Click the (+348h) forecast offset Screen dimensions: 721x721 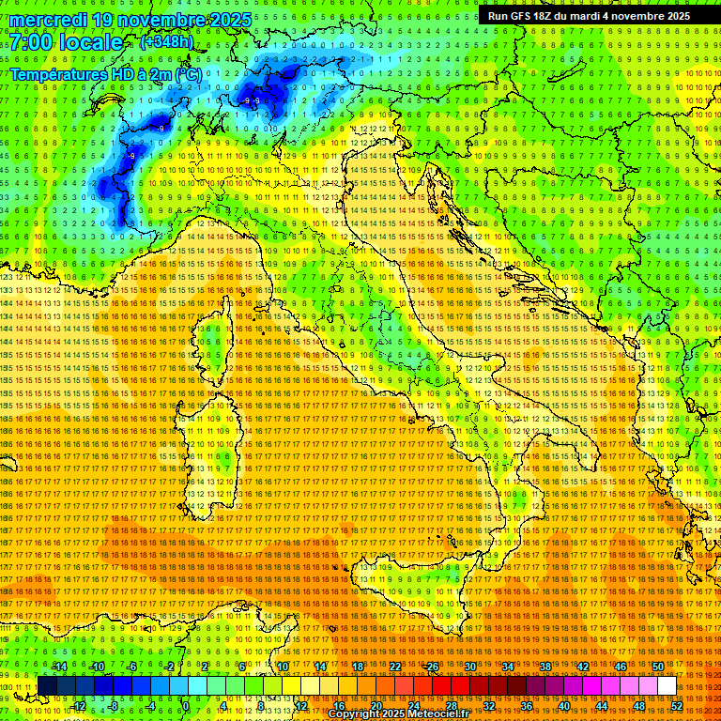click(x=167, y=42)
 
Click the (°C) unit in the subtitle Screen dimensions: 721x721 click(x=187, y=73)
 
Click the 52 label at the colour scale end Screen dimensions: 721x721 click(x=676, y=705)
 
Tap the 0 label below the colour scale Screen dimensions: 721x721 click(x=185, y=705)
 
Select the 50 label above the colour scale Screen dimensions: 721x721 click(x=657, y=667)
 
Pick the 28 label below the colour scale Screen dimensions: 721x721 click(x=451, y=705)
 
